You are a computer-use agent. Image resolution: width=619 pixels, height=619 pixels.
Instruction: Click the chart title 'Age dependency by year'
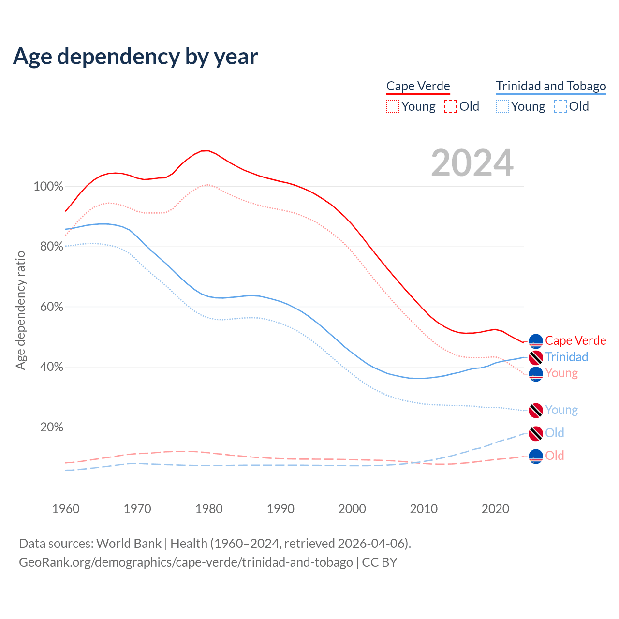(x=135, y=56)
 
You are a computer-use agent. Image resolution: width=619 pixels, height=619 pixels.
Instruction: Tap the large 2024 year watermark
(x=472, y=163)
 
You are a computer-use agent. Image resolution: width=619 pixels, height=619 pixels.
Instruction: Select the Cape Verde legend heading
(x=418, y=86)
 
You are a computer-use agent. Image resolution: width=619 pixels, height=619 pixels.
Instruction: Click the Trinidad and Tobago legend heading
(x=551, y=86)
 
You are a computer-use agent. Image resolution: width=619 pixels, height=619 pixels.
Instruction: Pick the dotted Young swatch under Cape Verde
(x=393, y=106)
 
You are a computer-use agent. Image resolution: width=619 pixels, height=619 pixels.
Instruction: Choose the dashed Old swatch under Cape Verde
(x=450, y=106)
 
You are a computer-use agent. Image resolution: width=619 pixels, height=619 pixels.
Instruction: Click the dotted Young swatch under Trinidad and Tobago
(x=502, y=106)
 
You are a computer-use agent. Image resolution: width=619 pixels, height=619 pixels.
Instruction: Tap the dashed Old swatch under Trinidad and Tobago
(x=560, y=106)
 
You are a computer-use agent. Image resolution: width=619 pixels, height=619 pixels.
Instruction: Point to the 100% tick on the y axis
(x=48, y=186)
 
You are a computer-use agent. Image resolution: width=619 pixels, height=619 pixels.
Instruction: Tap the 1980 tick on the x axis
(x=209, y=509)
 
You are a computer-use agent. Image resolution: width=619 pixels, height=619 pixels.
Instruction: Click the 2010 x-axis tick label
(x=424, y=509)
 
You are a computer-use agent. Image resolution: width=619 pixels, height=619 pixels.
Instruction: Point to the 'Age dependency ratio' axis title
(x=20, y=310)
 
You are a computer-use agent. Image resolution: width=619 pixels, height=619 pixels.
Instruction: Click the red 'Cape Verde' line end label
(x=575, y=340)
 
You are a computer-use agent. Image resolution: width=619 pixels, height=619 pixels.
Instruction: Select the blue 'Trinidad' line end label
(x=566, y=357)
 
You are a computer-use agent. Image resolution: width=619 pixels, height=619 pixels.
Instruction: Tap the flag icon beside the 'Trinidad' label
(x=536, y=358)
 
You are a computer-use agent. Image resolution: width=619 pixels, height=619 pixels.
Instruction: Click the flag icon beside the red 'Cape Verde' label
(x=536, y=341)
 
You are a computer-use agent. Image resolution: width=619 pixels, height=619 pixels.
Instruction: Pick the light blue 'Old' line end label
(x=554, y=433)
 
